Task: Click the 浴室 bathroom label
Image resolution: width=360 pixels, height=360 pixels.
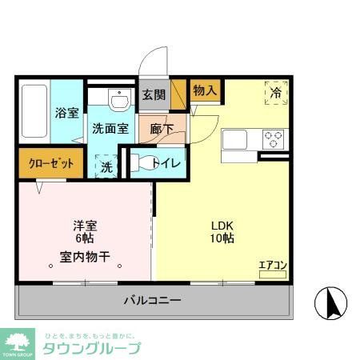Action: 66,113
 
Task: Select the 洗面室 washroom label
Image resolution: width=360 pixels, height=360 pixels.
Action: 110,128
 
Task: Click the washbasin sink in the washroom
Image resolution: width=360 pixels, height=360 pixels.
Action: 118,102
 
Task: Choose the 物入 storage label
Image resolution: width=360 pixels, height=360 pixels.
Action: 205,90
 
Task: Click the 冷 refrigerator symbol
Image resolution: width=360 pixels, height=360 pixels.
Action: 274,93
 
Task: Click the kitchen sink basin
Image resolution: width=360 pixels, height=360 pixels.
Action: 238,139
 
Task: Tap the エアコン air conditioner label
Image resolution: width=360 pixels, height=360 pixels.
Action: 272,265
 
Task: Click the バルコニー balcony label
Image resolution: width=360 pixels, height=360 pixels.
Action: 152,301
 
